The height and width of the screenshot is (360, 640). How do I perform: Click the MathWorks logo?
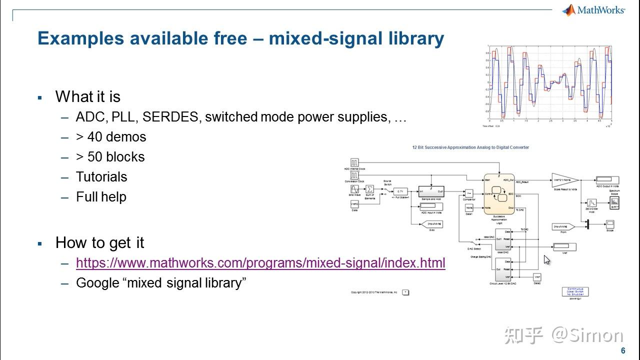tap(593, 10)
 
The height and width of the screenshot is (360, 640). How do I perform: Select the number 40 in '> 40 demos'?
tap(94, 137)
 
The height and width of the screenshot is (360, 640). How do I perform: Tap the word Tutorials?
tap(101, 177)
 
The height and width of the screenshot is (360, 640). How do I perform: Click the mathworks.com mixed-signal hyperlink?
tap(260, 263)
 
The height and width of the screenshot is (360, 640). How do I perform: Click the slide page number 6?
tap(623, 350)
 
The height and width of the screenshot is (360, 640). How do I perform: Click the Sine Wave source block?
tap(354, 189)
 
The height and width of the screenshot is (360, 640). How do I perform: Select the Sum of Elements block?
tap(369, 189)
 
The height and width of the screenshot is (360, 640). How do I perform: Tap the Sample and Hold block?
tap(431, 191)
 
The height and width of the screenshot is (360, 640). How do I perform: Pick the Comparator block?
tap(469, 193)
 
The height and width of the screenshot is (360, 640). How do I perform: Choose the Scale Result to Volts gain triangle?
tap(565, 180)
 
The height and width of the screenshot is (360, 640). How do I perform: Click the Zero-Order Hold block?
tap(591, 203)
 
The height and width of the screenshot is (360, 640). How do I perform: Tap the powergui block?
tap(575, 291)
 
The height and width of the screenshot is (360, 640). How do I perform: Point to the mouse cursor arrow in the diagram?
tap(546, 259)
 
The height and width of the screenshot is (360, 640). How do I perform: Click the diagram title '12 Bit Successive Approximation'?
tap(470, 147)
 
